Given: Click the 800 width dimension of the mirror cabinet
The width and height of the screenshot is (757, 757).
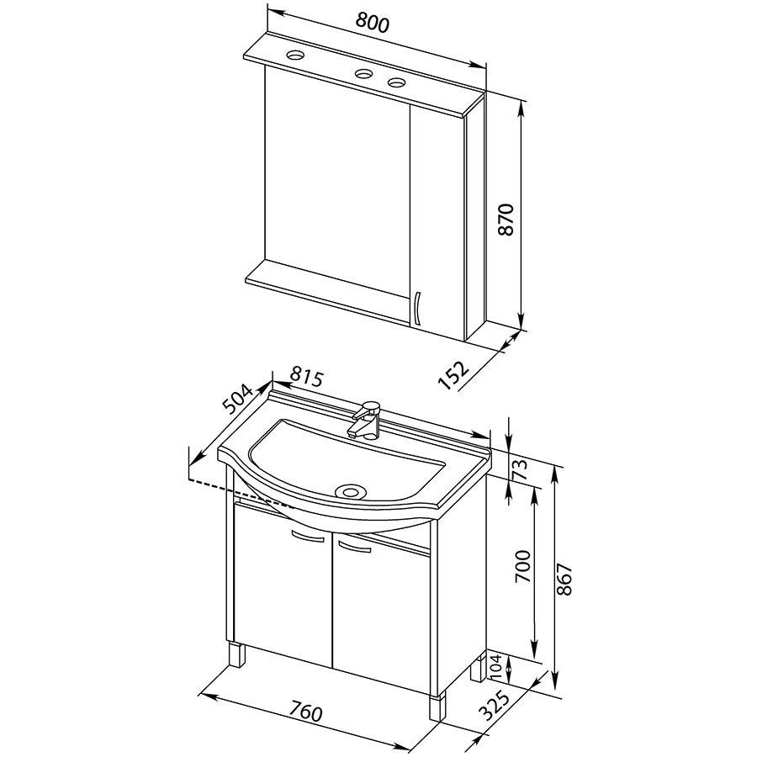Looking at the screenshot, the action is pos(373,22).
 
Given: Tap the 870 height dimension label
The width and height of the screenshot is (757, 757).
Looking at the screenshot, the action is pos(506,220).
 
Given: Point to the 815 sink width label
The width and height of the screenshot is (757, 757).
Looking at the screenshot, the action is pos(306,378).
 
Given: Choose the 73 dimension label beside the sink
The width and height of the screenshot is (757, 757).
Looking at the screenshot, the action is pos(520,469).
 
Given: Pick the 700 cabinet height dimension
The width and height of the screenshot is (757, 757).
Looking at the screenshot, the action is pos(522,566).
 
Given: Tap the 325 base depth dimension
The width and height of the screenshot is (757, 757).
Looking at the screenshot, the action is pos(495,706).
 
